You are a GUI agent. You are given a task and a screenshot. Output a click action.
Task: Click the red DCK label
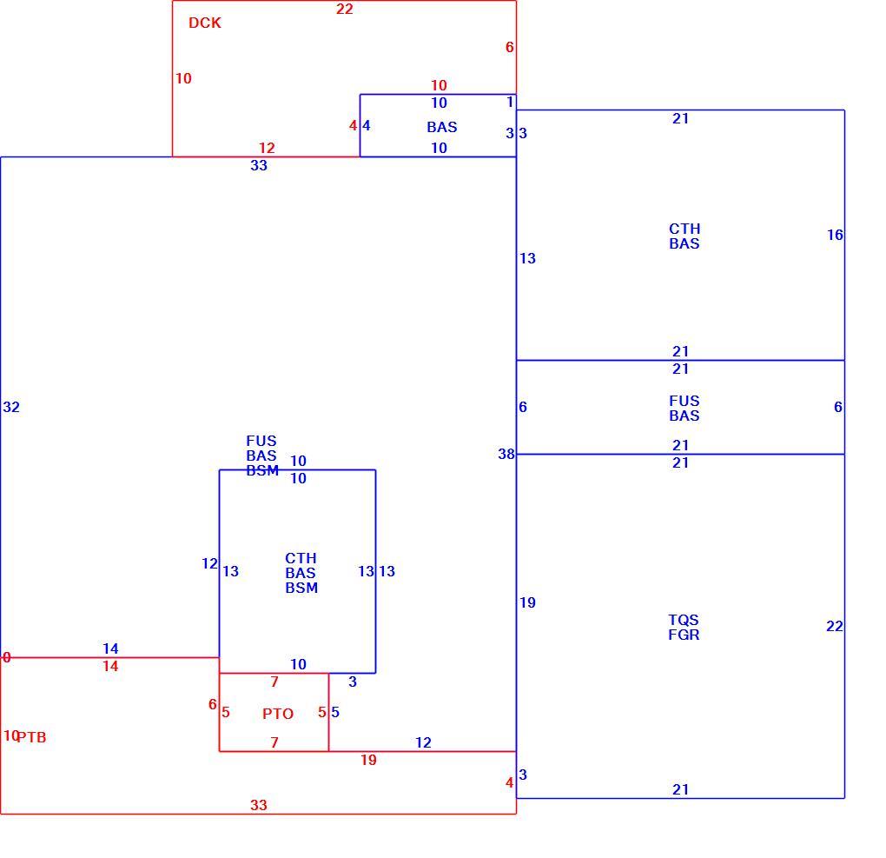204,23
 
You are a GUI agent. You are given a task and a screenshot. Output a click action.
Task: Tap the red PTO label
277,714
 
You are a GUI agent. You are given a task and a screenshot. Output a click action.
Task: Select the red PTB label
31,737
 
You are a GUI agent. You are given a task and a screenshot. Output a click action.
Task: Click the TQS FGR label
684,628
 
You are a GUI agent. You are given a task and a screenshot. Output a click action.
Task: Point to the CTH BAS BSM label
301,573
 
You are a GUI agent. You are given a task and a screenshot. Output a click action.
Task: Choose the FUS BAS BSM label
262,456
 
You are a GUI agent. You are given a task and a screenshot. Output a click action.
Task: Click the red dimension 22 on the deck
345,9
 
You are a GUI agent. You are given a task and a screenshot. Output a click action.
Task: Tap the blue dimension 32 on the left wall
11,407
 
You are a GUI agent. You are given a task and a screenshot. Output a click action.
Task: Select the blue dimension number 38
506,454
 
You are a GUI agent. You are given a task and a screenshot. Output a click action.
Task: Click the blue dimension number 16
835,235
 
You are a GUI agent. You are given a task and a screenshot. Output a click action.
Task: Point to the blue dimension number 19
528,603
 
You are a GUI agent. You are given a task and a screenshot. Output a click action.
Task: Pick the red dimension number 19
368,760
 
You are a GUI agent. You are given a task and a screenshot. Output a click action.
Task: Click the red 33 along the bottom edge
259,805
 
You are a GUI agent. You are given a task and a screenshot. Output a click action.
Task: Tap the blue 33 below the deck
259,165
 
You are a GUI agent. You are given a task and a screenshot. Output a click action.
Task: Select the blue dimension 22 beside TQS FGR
835,626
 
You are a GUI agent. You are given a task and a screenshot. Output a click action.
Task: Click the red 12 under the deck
267,148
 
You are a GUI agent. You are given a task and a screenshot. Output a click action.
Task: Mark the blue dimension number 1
510,102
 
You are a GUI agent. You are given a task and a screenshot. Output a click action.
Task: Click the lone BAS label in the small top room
442,127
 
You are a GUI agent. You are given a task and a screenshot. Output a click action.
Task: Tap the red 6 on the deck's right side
510,47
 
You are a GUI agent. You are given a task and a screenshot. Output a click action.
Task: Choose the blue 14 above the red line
111,648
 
